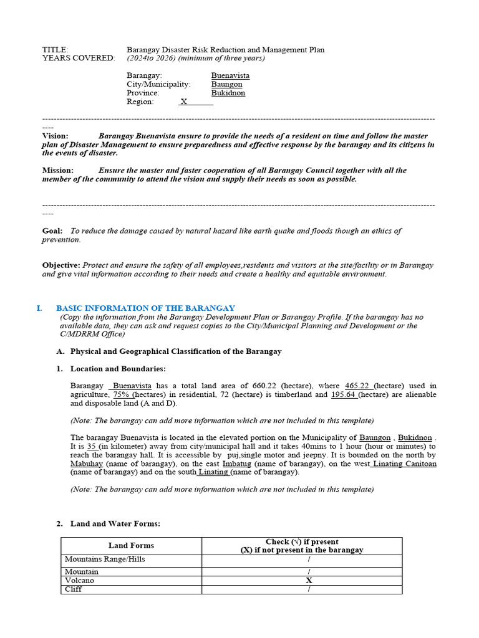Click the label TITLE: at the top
[x=55, y=50]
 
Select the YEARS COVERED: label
[x=79, y=58]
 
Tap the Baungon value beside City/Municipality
[x=226, y=84]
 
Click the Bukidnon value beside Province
[x=228, y=93]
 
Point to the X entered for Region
[x=183, y=102]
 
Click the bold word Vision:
[x=56, y=136]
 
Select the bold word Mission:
[x=58, y=170]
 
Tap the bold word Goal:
[x=52, y=231]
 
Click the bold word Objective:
[x=61, y=265]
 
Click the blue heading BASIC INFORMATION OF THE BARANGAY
[x=145, y=308]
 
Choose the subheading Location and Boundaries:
[x=118, y=369]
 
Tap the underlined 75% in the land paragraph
[x=121, y=394]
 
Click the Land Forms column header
[x=131, y=545]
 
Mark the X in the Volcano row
[x=308, y=580]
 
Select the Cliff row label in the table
[x=74, y=589]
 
